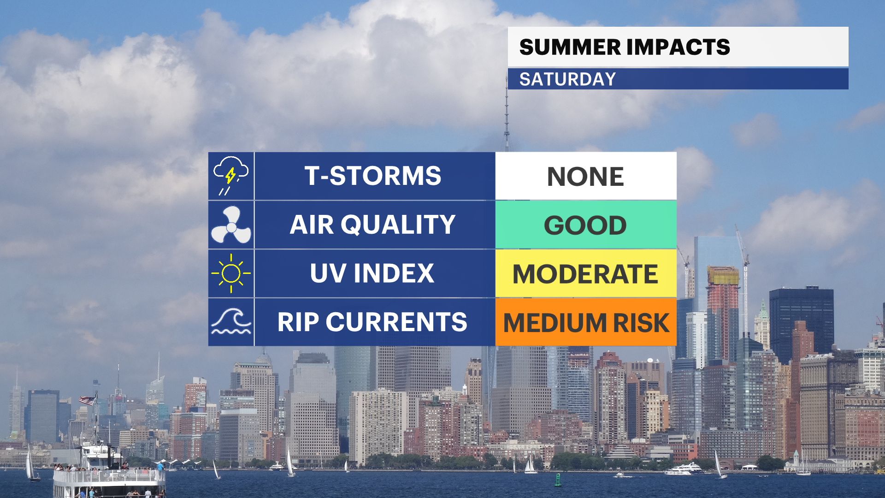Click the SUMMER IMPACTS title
pyautogui.click(x=625, y=47)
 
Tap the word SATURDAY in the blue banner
pyautogui.click(x=567, y=79)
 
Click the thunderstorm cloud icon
pyautogui.click(x=230, y=176)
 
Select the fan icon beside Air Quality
pyautogui.click(x=231, y=225)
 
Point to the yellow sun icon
pyautogui.click(x=231, y=273)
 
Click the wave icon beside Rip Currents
pyautogui.click(x=231, y=321)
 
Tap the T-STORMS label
pyautogui.click(x=373, y=176)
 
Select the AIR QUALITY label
pyautogui.click(x=373, y=225)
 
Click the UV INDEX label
pyautogui.click(x=372, y=273)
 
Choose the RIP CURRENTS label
pyautogui.click(x=372, y=322)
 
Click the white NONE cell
pyautogui.click(x=586, y=176)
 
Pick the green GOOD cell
pyautogui.click(x=586, y=225)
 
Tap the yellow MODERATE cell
pyautogui.click(x=586, y=273)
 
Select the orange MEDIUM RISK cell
pyautogui.click(x=586, y=322)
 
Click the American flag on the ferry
pyautogui.click(x=87, y=400)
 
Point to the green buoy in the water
pyautogui.click(x=558, y=480)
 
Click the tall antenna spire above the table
pyautogui.click(x=507, y=115)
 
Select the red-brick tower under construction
pyautogui.click(x=723, y=314)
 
